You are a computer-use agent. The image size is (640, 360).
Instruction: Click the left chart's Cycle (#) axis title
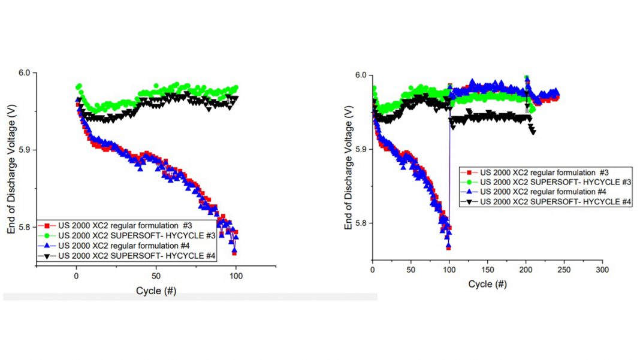point(156,291)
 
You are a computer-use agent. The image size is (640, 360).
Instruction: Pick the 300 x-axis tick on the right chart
point(602,270)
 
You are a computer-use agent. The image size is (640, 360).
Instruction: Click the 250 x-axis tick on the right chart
point(564,270)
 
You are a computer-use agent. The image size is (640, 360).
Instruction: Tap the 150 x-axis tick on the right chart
point(487,270)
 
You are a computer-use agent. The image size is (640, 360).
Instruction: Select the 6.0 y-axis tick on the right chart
point(361,75)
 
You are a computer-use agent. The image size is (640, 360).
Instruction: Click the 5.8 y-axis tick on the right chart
point(361,223)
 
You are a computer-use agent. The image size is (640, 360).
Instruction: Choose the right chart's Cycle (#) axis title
point(487,283)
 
